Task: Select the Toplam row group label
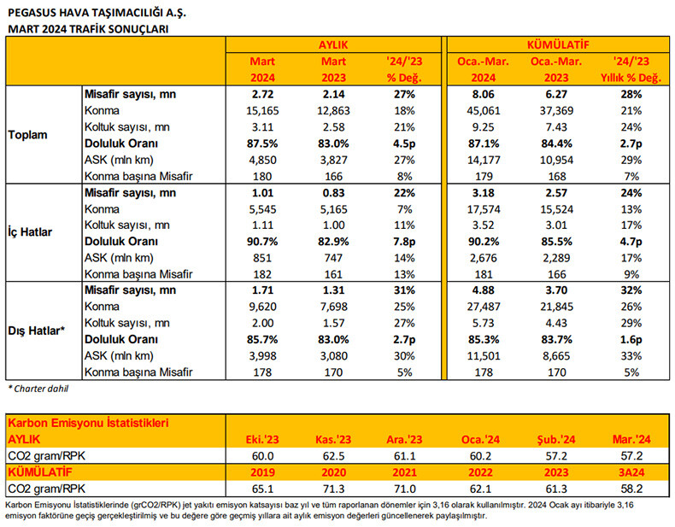pyautogui.click(x=29, y=135)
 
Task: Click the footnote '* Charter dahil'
pyautogui.click(x=39, y=389)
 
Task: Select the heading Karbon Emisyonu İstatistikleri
pyautogui.click(x=87, y=422)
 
